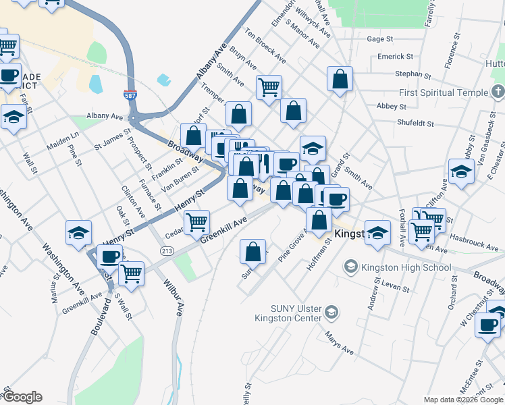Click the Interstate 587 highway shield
(x=131, y=97)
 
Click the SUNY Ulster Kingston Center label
(x=289, y=311)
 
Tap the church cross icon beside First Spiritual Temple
(x=498, y=92)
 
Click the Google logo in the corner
(x=22, y=397)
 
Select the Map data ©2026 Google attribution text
(x=463, y=400)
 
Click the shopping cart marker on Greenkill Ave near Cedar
(x=196, y=221)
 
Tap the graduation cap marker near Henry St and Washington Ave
(x=79, y=232)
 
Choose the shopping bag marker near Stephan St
(x=340, y=78)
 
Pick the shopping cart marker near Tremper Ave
(x=269, y=86)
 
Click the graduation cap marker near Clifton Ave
(x=460, y=170)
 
